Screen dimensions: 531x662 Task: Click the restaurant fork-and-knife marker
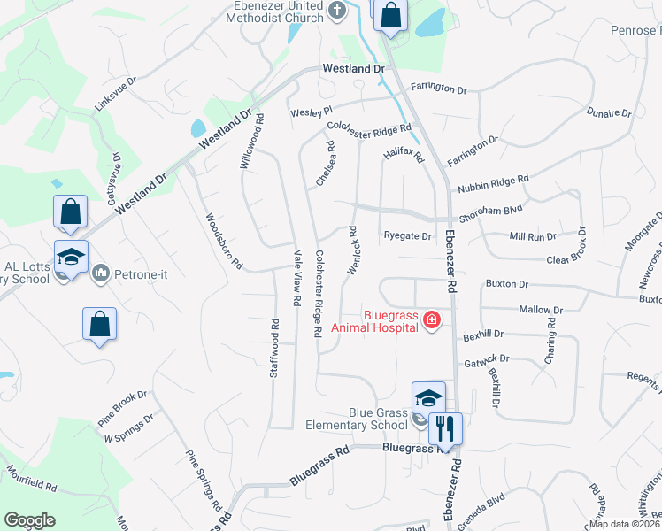445,428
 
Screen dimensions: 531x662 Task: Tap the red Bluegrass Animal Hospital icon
432,319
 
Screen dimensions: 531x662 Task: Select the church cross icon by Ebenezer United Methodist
336,11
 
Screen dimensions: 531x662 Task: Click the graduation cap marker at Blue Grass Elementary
428,397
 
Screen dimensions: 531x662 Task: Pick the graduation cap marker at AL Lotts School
71,257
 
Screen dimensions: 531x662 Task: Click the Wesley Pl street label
311,111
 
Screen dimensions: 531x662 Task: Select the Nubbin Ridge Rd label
492,183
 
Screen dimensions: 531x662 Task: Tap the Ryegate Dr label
407,236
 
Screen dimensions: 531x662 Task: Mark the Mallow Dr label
541,310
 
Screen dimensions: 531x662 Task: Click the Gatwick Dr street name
486,362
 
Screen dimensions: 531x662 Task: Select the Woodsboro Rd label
223,241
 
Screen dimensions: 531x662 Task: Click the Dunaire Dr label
609,113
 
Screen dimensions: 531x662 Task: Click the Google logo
30,521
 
